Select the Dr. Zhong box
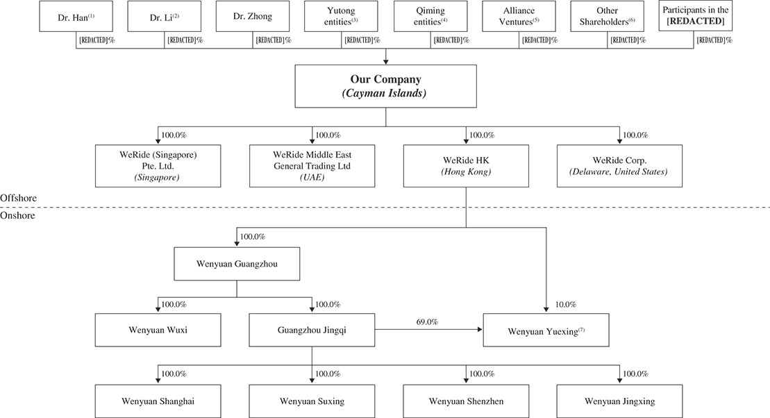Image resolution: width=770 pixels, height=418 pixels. [253, 16]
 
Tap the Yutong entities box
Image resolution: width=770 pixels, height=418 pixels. [342, 16]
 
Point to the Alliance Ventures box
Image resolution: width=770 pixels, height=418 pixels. [519, 16]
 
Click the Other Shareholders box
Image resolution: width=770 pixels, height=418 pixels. [608, 16]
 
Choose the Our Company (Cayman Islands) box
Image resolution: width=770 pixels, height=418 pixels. [385, 87]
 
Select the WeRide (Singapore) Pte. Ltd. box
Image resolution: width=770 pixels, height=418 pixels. [158, 165]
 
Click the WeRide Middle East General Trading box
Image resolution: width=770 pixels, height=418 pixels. [312, 165]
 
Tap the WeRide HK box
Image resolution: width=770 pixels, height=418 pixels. [466, 165]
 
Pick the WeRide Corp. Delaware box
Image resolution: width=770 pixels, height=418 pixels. [619, 165]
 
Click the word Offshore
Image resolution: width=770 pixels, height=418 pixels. [19, 199]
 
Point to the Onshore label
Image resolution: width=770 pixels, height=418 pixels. [17, 215]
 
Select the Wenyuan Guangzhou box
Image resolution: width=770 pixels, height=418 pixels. [237, 264]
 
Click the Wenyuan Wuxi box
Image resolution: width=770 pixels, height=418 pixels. [158, 330]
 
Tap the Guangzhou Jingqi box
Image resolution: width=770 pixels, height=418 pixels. [312, 330]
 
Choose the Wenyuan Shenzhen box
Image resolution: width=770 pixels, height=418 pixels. [466, 401]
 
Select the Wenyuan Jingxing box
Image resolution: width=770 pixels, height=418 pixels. [619, 401]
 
